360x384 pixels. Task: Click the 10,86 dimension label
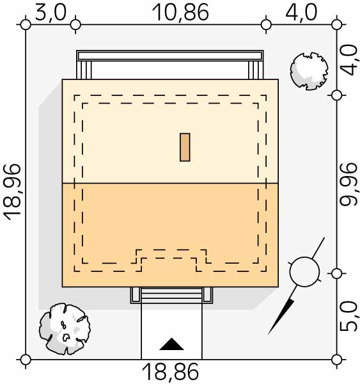[180, 13]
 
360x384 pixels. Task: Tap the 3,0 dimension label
[51, 13]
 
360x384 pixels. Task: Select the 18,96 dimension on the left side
[12, 192]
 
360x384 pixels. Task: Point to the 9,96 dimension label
[349, 184]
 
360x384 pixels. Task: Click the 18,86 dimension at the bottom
[170, 372]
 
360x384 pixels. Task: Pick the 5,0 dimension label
[349, 316]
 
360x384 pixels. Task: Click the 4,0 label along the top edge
[301, 13]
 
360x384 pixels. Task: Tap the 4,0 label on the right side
[349, 60]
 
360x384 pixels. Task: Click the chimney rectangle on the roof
[185, 147]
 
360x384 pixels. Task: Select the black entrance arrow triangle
[171, 344]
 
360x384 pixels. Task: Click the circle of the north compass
[304, 272]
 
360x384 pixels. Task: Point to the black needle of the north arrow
[281, 316]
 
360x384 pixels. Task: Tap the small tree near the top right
[309, 71]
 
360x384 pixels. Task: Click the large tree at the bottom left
[65, 329]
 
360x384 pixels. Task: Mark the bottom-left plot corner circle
[26, 360]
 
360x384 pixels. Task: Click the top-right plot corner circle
[337, 25]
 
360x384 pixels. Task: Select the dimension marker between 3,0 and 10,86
[75, 25]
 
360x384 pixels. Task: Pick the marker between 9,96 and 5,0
[337, 274]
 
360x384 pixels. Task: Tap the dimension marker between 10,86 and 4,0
[266, 25]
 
